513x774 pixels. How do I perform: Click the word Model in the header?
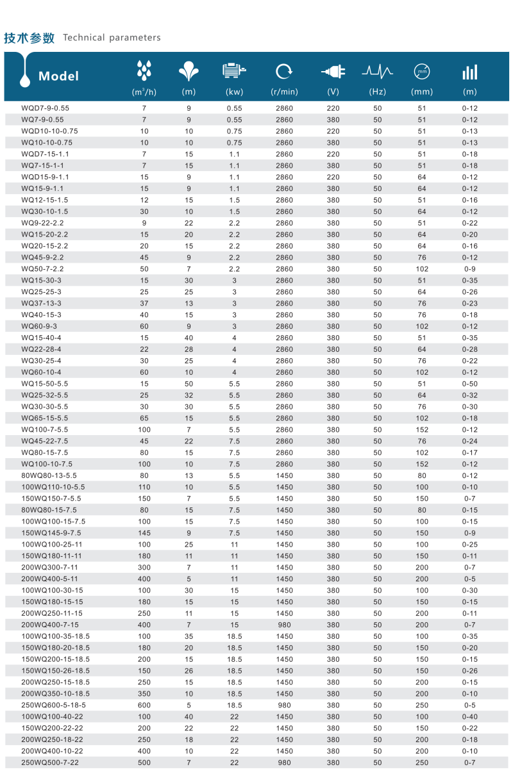pos(58,76)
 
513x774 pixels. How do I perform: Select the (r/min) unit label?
pos(284,92)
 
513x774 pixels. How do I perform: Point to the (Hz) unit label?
pos(377,92)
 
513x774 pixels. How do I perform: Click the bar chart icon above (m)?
pos(469,72)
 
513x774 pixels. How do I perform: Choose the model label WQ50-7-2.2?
pos(42,269)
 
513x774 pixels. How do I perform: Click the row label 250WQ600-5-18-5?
pos(53,705)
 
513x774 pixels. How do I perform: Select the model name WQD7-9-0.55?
pos(45,108)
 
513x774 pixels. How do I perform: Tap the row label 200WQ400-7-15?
pos(50,625)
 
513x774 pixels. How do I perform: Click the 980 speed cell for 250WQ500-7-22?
pos(284,762)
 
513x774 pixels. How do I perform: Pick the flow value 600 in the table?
pos(144,705)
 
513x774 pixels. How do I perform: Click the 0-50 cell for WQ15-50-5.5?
pos(469,384)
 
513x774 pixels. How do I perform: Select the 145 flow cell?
pos(144,533)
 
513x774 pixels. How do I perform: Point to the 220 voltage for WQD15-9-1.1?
pos(333,177)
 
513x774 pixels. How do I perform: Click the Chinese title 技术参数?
pos(29,38)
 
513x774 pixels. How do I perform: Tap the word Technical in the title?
pos(83,38)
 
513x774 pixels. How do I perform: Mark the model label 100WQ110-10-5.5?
pos(53,487)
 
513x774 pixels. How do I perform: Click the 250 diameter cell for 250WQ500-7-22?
pos(421,762)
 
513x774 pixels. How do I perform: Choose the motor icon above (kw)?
pos(234,70)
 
